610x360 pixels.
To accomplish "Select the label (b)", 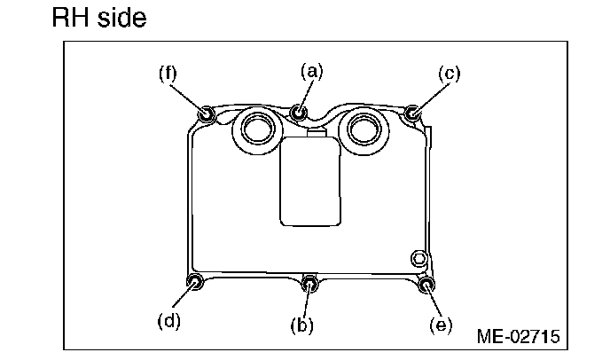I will [303, 325].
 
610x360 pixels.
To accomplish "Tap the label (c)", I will [450, 74].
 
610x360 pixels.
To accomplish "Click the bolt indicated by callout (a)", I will [299, 112].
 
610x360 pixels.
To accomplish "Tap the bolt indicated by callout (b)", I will [309, 284].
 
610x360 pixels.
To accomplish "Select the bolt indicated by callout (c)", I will [412, 113].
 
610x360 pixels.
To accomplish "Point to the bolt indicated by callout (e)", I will [426, 285].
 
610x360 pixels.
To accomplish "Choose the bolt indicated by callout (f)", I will [206, 113].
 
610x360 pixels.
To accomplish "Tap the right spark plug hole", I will [364, 129].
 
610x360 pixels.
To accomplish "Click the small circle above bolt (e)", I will [418, 257].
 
